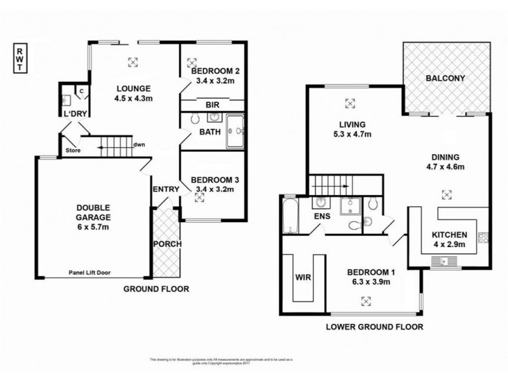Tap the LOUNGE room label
click(x=132, y=88)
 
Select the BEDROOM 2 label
click(x=212, y=71)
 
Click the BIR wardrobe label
click(x=212, y=105)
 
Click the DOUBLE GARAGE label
click(x=93, y=211)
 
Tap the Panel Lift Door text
click(x=93, y=272)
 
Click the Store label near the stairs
click(x=73, y=150)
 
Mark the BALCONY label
click(x=445, y=79)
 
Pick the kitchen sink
click(x=439, y=261)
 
